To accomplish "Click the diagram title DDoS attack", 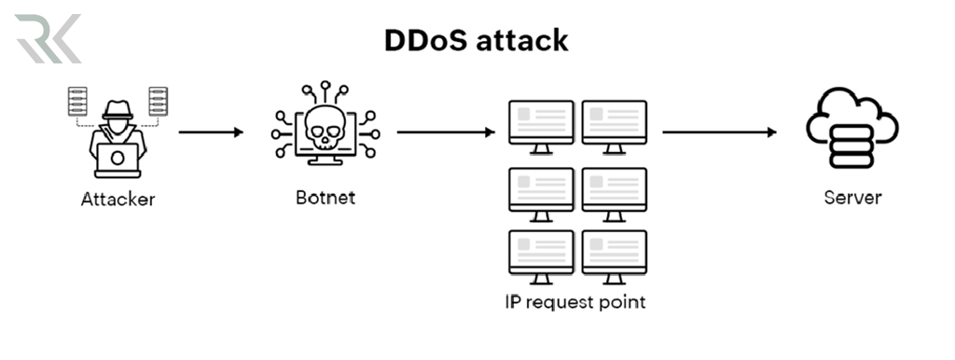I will pyautogui.click(x=477, y=41).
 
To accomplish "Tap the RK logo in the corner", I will pyautogui.click(x=48, y=38).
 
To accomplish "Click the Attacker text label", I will pyautogui.click(x=118, y=199).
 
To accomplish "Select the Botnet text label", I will pyautogui.click(x=325, y=198).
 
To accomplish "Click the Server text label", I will pyautogui.click(x=851, y=198).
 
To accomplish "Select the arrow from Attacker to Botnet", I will pyautogui.click(x=211, y=132).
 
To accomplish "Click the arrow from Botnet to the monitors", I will pyautogui.click(x=445, y=132).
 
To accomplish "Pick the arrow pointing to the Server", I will pyautogui.click(x=719, y=132).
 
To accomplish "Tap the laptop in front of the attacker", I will pyautogui.click(x=118, y=159).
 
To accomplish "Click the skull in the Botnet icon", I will pyautogui.click(x=325, y=132).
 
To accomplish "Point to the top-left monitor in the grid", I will pyautogui.click(x=541, y=121).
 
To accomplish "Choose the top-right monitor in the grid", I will pyautogui.click(x=614, y=121).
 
